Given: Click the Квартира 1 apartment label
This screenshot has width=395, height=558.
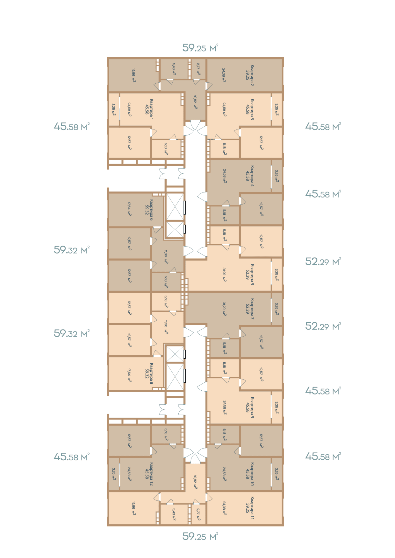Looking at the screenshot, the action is tap(152, 109).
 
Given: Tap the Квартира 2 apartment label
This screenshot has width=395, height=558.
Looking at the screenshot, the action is tap(252, 75).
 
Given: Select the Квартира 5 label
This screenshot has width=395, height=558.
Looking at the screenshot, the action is tap(252, 275).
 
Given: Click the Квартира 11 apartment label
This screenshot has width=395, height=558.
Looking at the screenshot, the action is tap(252, 508).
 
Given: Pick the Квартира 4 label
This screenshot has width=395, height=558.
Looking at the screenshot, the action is tap(252, 176).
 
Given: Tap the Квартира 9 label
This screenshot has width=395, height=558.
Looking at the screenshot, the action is tap(252, 408).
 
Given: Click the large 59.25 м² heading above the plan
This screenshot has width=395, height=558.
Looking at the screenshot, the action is tap(200, 48).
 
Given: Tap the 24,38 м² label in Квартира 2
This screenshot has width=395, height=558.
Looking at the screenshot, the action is tap(224, 75).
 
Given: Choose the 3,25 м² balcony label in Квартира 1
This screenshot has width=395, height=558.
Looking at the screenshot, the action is tap(114, 109).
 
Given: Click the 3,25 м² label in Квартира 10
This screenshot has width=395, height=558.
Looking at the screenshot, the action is tap(277, 474).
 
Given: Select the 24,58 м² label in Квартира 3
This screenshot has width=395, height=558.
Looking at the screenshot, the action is tap(224, 109).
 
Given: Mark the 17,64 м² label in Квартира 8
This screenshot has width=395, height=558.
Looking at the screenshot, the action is tap(129, 375).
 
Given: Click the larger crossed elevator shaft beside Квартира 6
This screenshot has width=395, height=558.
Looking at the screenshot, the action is tap(175, 207).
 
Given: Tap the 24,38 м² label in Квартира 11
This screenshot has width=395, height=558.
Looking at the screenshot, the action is tap(224, 508).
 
